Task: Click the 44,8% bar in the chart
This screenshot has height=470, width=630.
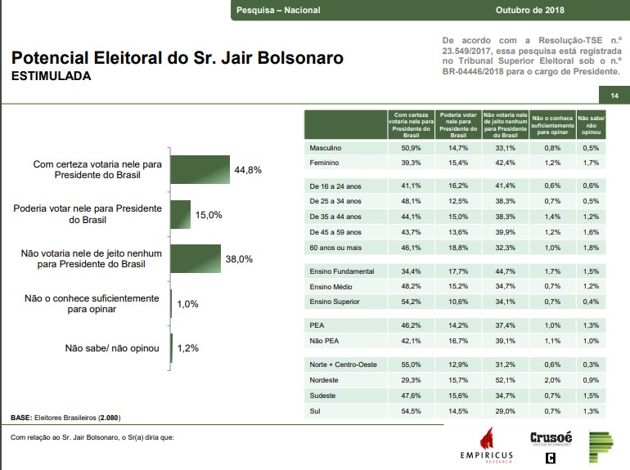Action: coord(200,169)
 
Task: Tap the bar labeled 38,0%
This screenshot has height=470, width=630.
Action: coord(196,259)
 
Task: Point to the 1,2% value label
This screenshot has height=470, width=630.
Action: coord(187,348)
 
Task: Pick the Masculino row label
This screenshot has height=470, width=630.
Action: coord(326,148)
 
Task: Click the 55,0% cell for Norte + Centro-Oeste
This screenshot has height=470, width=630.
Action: coord(410,365)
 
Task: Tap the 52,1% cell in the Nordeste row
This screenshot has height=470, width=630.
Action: coord(504,380)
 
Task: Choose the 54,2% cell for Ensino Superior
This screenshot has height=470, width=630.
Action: coord(410,302)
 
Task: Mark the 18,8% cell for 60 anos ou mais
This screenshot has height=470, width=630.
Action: coord(458,247)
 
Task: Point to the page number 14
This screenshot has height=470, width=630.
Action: coord(614,96)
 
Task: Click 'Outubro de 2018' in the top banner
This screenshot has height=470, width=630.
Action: coord(529,10)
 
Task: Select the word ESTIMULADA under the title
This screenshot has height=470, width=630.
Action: coord(51,76)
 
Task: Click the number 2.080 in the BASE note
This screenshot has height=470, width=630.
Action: coord(109,418)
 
